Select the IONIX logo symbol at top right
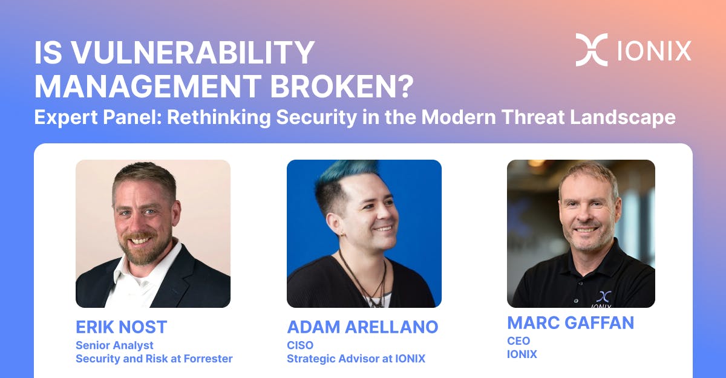[x=591, y=50]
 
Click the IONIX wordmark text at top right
[x=654, y=50]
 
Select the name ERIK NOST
[x=121, y=327]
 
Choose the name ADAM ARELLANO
[x=362, y=327]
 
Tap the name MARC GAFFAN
[x=570, y=323]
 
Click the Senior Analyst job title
[x=114, y=345]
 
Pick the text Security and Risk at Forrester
[x=154, y=359]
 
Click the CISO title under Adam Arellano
[x=300, y=345]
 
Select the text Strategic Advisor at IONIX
[x=356, y=359]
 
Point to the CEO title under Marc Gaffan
[x=518, y=341]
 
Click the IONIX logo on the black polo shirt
[x=603, y=298]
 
